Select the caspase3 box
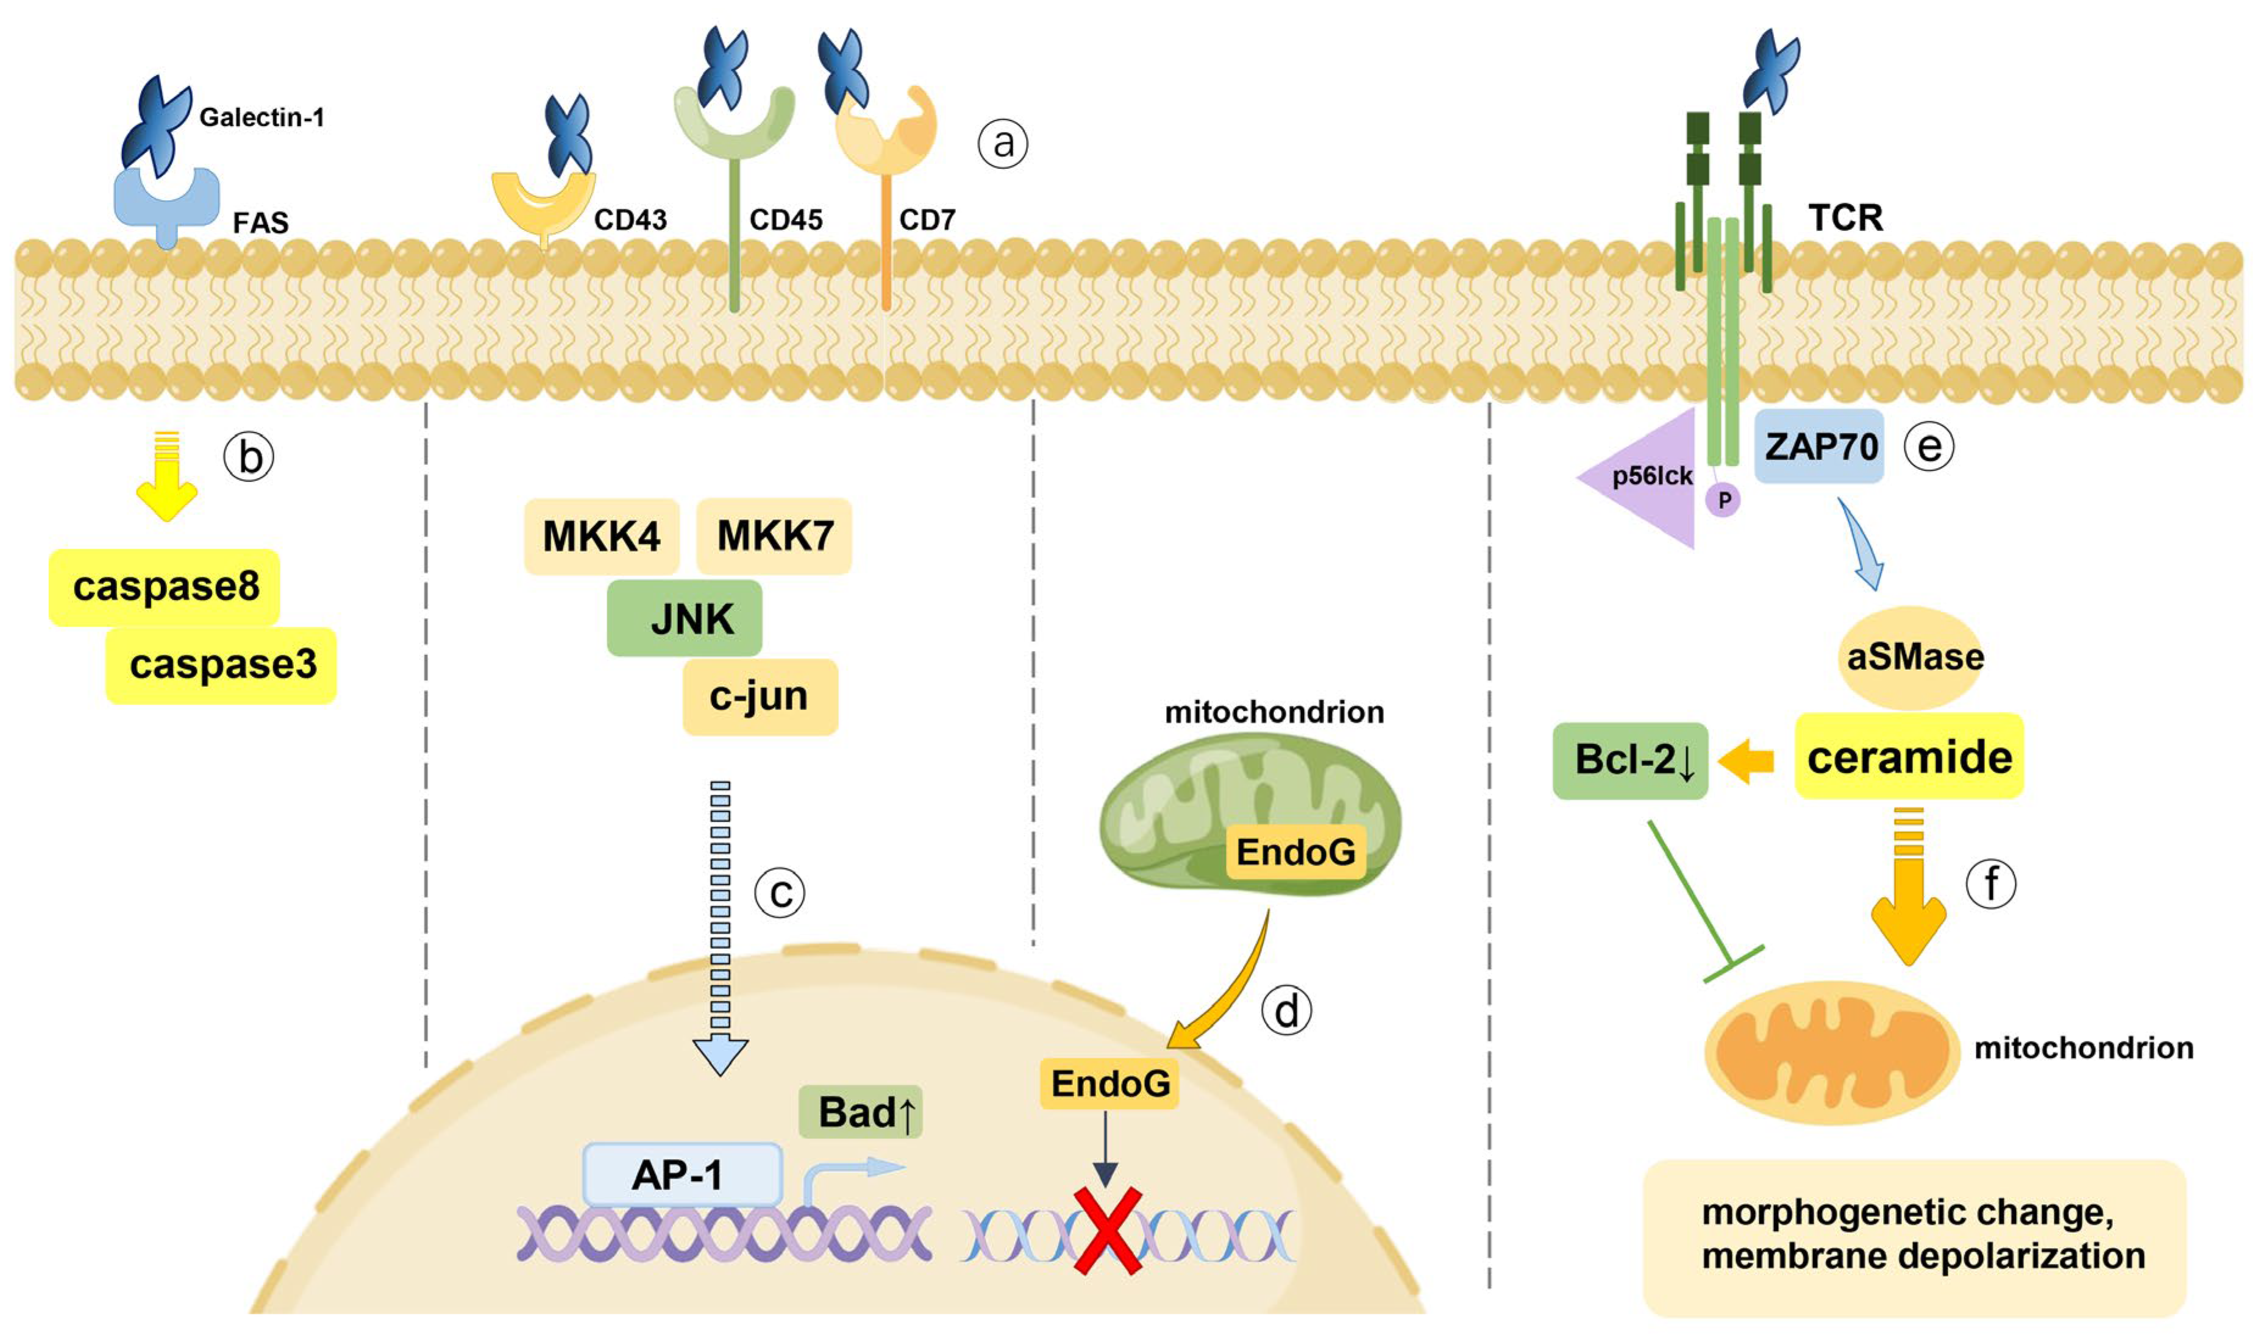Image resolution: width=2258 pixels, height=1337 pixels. [x=222, y=665]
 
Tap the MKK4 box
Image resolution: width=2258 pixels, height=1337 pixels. [x=601, y=537]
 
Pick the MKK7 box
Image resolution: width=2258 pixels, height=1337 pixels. [x=774, y=536]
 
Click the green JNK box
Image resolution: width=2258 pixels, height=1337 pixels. [x=685, y=618]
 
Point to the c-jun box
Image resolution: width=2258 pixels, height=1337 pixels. [x=760, y=697]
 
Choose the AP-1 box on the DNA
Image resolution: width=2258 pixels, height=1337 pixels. [x=682, y=1174]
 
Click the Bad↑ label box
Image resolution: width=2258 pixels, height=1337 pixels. [x=861, y=1112]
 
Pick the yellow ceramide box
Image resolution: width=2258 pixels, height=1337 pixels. [x=1909, y=756]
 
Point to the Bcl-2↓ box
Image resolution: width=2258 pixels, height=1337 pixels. [x=1630, y=761]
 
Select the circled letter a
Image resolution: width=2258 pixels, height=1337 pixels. [x=1003, y=143]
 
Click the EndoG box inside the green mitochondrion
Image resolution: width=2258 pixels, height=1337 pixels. [x=1295, y=851]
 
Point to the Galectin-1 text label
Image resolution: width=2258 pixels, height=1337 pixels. [x=262, y=117]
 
